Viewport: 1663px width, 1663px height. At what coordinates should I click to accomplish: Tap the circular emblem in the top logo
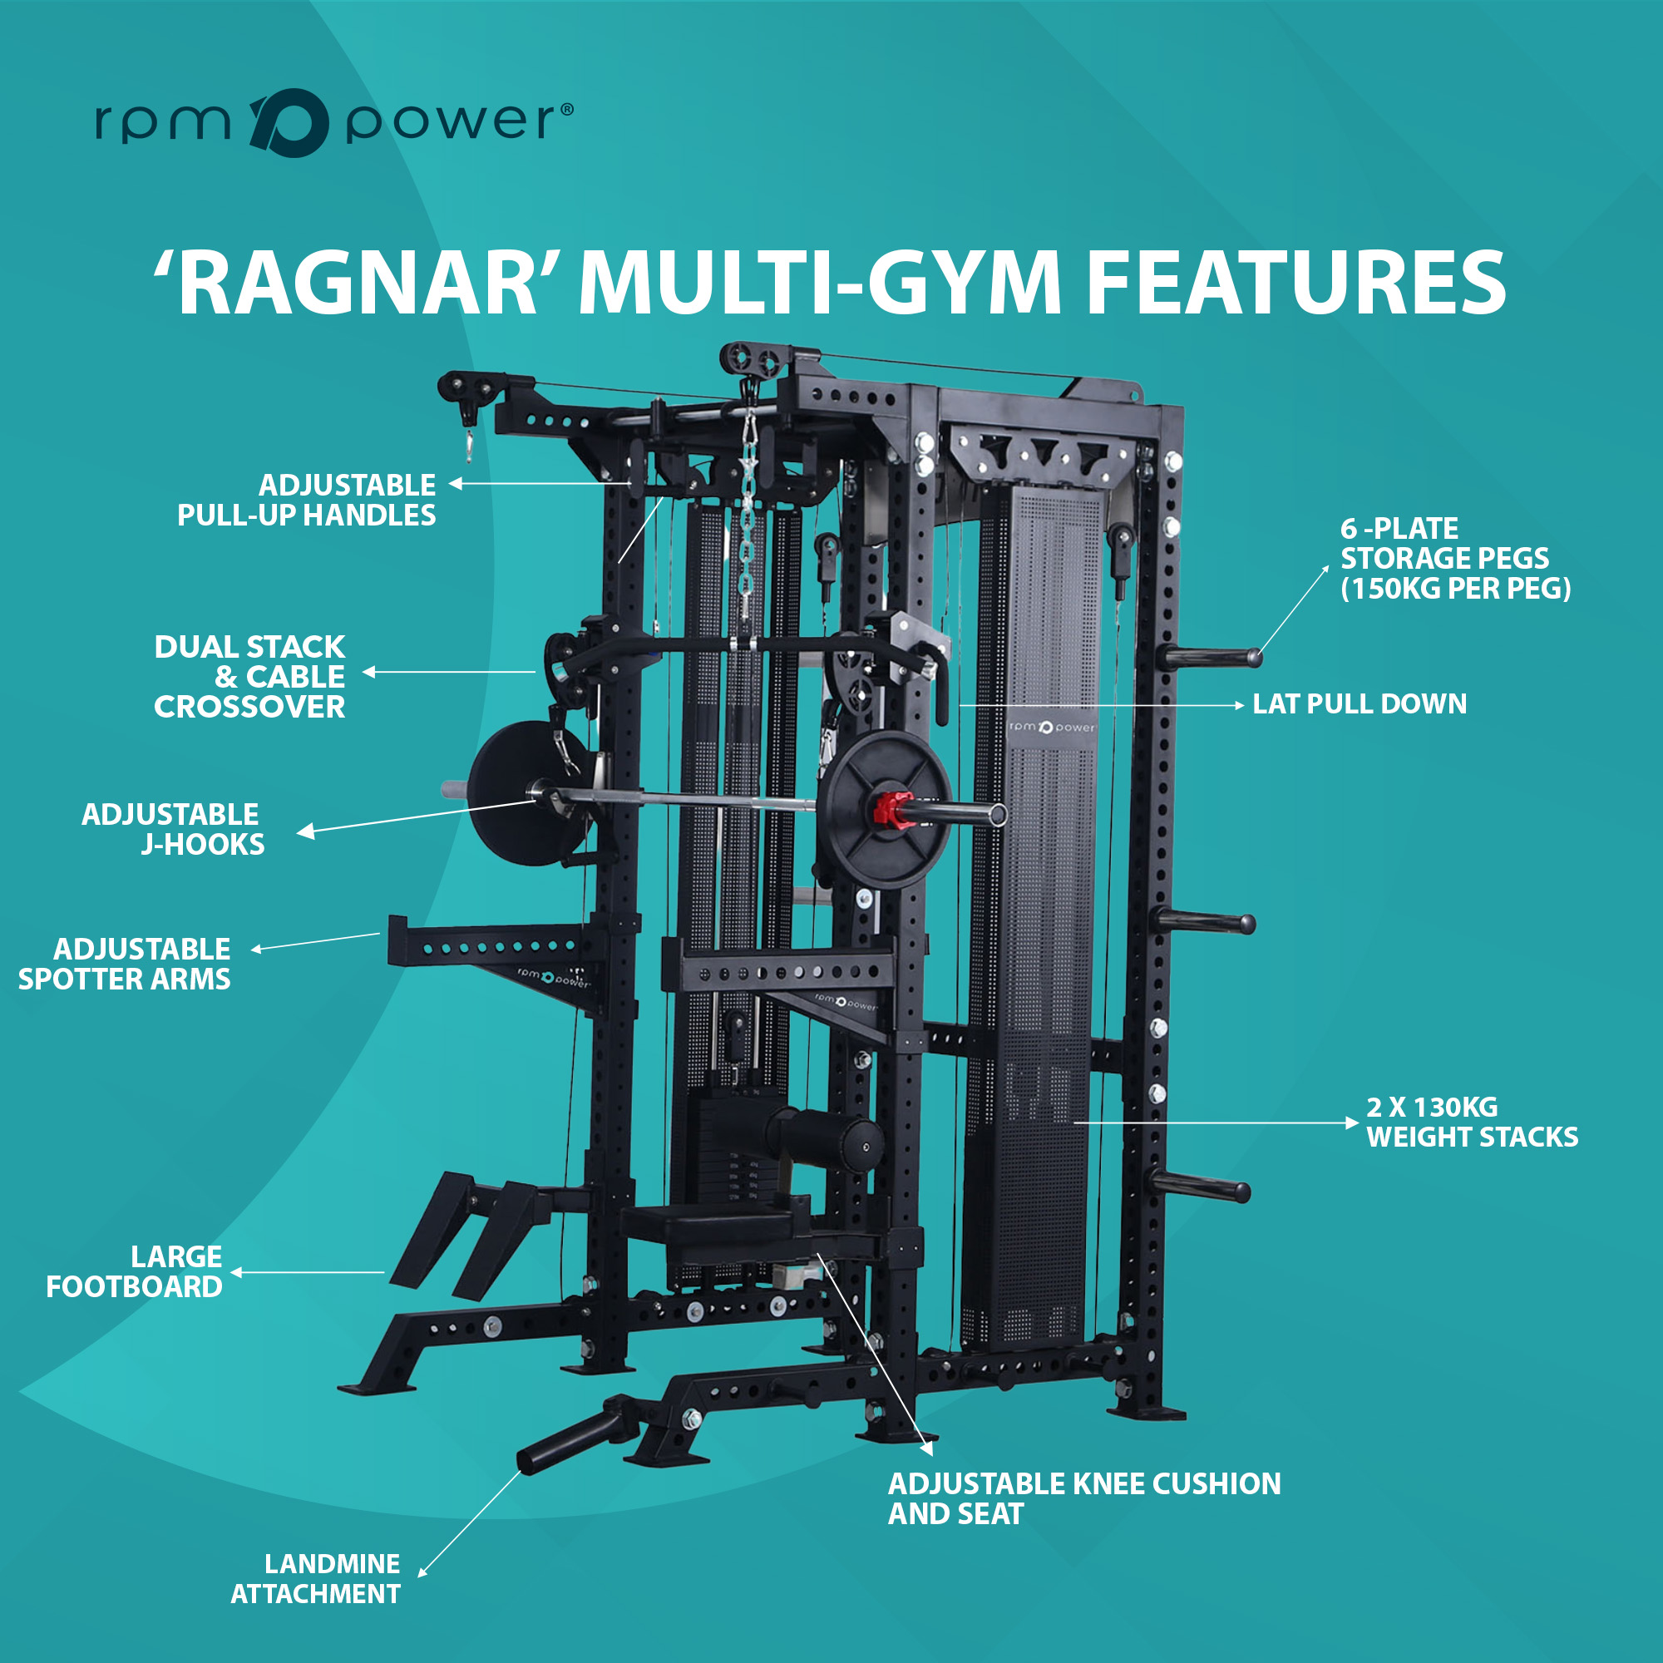click(x=289, y=122)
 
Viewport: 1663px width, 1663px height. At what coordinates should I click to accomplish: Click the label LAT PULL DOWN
click(x=1360, y=704)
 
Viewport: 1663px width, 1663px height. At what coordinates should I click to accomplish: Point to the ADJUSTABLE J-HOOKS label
click(x=173, y=829)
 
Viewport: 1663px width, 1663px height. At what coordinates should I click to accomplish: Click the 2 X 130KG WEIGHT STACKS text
click(x=1472, y=1122)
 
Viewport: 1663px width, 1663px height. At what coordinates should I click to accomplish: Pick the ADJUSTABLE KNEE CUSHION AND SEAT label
click(x=1084, y=1498)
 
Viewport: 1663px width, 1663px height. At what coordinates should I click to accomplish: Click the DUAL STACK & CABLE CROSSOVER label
click(x=249, y=677)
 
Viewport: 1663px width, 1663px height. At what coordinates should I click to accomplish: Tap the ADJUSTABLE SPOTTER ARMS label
click(x=125, y=964)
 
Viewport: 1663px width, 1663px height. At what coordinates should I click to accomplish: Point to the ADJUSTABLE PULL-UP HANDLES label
click(x=307, y=500)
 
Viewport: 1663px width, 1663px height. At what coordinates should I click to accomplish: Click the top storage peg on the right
click(x=1207, y=657)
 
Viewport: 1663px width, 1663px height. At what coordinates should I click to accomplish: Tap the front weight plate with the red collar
click(x=886, y=810)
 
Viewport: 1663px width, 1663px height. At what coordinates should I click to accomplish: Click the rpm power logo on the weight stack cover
click(x=1052, y=728)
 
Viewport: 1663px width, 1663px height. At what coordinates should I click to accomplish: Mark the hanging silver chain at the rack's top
click(x=748, y=507)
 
